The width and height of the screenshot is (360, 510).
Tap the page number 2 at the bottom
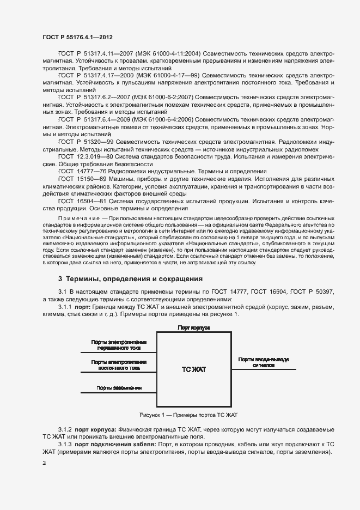[44, 463]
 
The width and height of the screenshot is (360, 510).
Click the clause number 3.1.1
[65, 307]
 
